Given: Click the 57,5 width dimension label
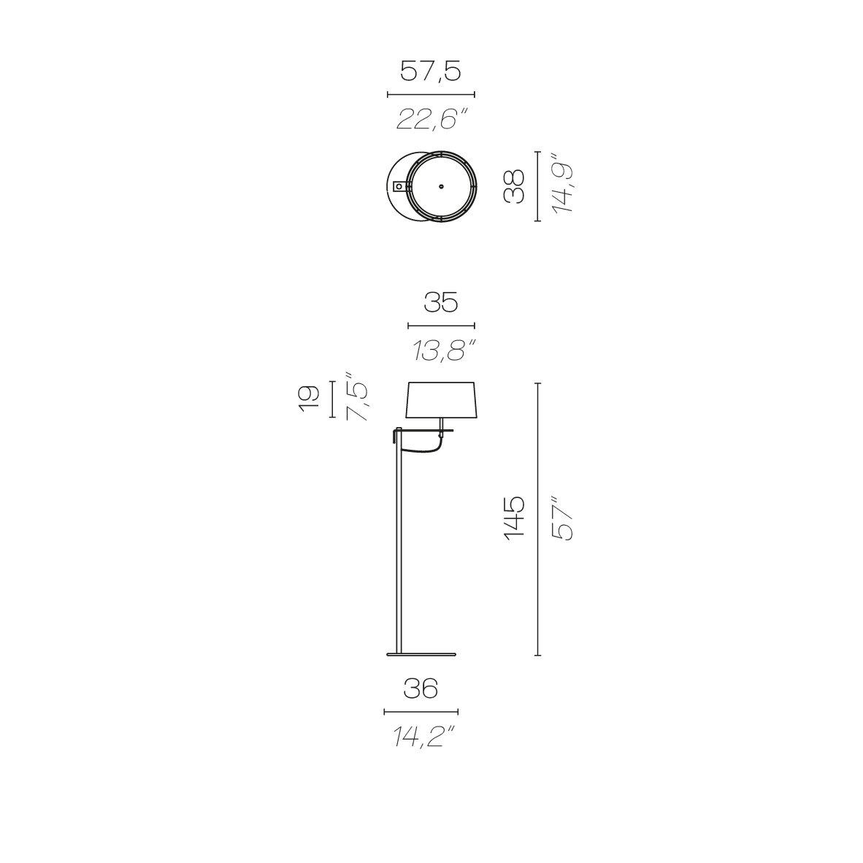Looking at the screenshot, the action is coord(430,72).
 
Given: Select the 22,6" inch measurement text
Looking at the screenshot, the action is coord(432,118).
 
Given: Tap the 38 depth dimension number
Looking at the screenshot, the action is coord(514,187).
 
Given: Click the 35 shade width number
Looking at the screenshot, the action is coord(441,302).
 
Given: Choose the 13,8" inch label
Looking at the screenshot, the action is coord(444,350).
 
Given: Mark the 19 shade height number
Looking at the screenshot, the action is coord(309,399).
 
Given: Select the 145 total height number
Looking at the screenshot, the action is coord(514,518).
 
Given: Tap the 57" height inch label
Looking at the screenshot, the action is coord(562,518).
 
